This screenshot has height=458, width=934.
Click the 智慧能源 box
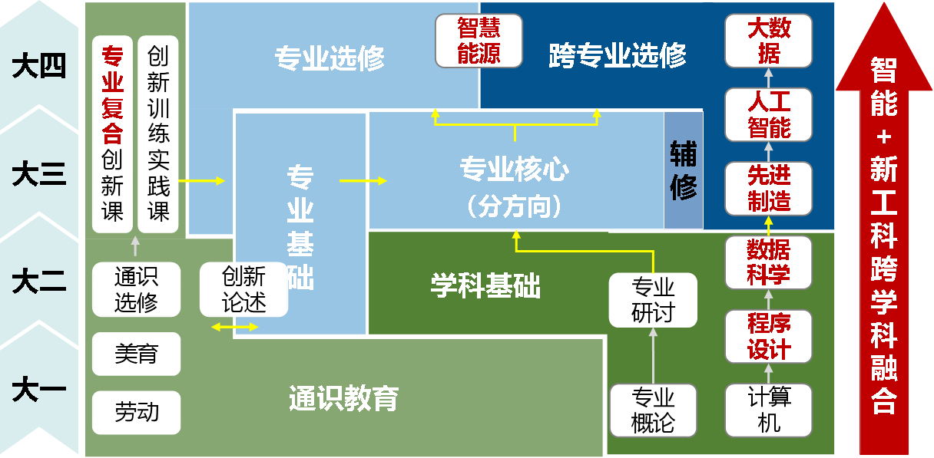pyautogui.click(x=479, y=41)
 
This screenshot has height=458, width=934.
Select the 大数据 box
pyautogui.click(x=768, y=41)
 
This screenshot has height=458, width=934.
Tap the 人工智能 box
pyautogui.click(x=768, y=114)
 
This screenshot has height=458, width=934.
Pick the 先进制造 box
pyautogui.click(x=768, y=189)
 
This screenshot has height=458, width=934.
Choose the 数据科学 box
pyautogui.click(x=768, y=262)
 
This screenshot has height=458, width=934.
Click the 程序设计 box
pyautogui.click(x=768, y=336)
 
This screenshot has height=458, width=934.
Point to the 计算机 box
pyautogui.click(x=768, y=410)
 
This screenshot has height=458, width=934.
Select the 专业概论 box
pyautogui.click(x=653, y=410)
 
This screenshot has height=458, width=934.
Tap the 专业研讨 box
pyautogui.click(x=653, y=300)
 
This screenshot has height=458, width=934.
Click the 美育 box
pyautogui.click(x=136, y=354)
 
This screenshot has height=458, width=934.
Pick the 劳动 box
pyautogui.click(x=136, y=412)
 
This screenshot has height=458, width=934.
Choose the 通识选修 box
pyautogui.click(x=136, y=289)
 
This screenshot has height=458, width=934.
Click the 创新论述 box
pyautogui.click(x=243, y=289)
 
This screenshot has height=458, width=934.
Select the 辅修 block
pyautogui.click(x=683, y=170)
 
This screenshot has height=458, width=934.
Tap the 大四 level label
pyautogui.click(x=39, y=67)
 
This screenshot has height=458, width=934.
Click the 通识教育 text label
pyautogui.click(x=343, y=398)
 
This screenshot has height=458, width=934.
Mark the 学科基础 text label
pyautogui.click(x=485, y=286)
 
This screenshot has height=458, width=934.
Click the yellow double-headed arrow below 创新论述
pyautogui.click(x=235, y=328)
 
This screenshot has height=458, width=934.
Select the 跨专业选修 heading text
pyautogui.click(x=618, y=55)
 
